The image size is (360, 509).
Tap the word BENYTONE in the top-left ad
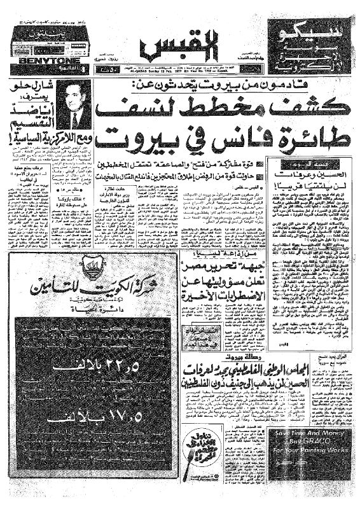click(28, 55)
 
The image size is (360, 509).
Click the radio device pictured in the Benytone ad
click(32, 44)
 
